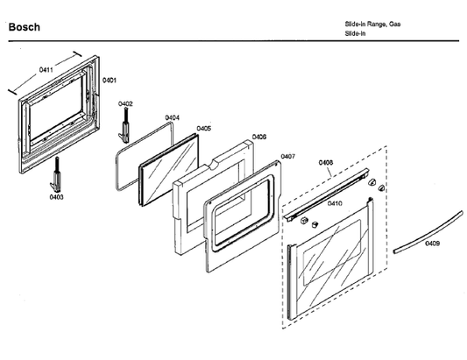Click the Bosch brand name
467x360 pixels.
(x=25, y=27)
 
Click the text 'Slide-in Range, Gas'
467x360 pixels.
(x=372, y=25)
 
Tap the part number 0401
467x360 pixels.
(x=110, y=80)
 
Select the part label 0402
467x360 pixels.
(x=125, y=103)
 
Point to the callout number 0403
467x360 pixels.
(x=56, y=197)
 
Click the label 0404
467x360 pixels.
(x=172, y=117)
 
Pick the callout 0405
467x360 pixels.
(x=204, y=129)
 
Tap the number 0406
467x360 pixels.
(x=259, y=137)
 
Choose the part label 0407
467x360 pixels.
(x=288, y=156)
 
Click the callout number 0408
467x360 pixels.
(x=326, y=163)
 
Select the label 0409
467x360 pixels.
(x=432, y=244)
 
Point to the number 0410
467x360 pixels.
(x=335, y=203)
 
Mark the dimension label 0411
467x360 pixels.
(x=46, y=70)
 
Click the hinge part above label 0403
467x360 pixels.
(x=56, y=175)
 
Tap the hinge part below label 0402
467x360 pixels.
(x=124, y=125)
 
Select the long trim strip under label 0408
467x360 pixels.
(x=326, y=194)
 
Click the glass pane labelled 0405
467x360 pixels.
(x=169, y=170)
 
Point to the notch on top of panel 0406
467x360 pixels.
(x=216, y=164)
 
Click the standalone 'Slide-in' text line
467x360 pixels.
(x=355, y=33)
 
